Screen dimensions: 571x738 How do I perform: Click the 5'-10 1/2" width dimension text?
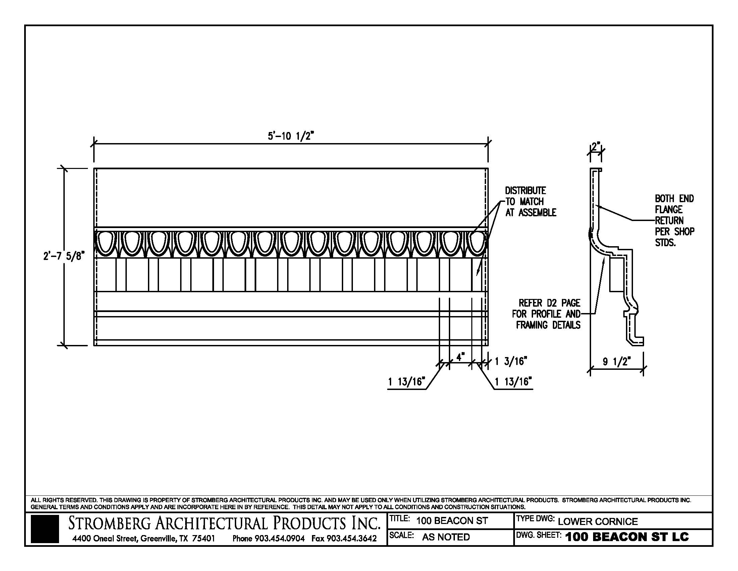pyautogui.click(x=291, y=136)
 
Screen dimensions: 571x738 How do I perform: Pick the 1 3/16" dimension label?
pyautogui.click(x=511, y=362)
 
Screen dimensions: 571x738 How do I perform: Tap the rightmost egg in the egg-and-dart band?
pyautogui.click(x=477, y=242)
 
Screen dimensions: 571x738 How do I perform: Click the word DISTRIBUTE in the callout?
pyautogui.click(x=525, y=190)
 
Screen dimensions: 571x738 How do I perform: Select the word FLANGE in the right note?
pyautogui.click(x=669, y=209)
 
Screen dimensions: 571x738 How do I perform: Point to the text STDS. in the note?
pyautogui.click(x=665, y=243)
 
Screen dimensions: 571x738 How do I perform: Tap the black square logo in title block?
pyautogui.click(x=45, y=529)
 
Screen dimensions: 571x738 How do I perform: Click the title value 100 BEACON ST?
pyautogui.click(x=452, y=521)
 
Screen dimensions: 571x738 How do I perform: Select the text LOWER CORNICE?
pyautogui.click(x=598, y=521)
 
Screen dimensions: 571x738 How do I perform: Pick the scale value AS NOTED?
pyautogui.click(x=446, y=537)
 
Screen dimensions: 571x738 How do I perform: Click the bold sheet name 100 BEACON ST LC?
pyautogui.click(x=627, y=537)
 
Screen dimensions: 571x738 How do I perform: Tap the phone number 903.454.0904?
pyautogui.click(x=279, y=538)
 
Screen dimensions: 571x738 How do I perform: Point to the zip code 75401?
pyautogui.click(x=203, y=538)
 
